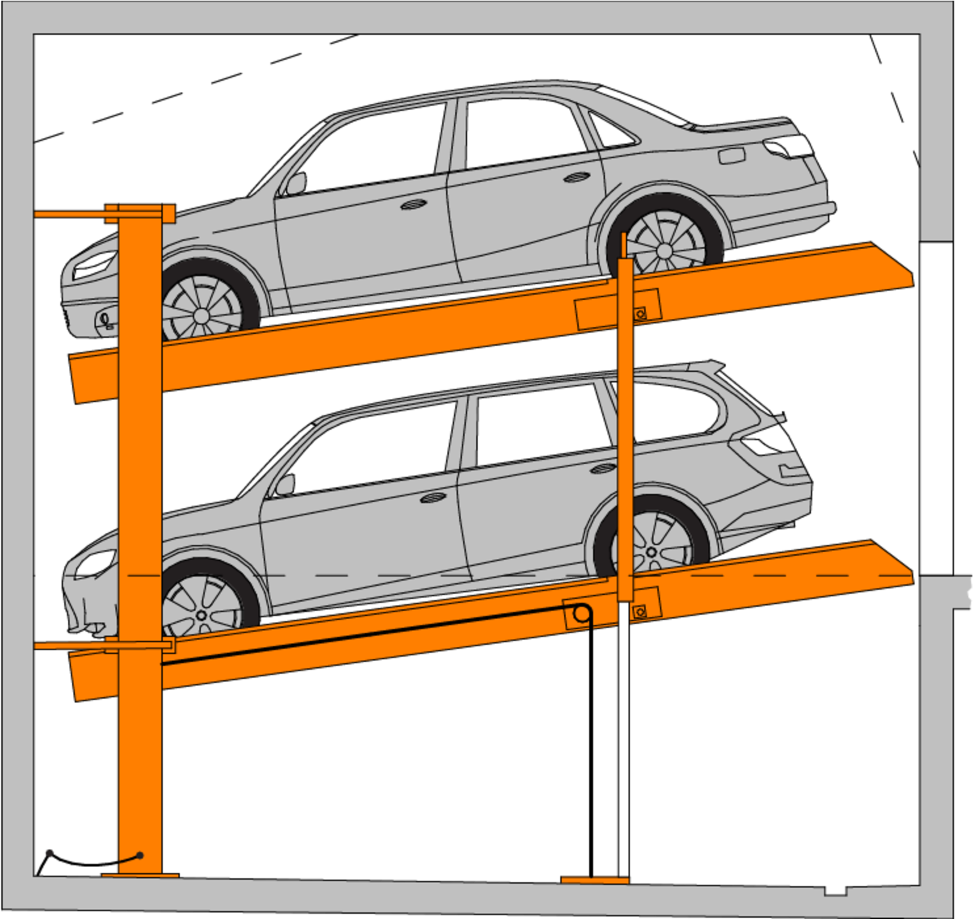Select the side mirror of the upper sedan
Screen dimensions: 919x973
point(296,184)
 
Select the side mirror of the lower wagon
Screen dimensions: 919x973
point(285,485)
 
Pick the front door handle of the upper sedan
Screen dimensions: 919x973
point(411,205)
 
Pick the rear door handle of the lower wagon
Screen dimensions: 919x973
point(602,468)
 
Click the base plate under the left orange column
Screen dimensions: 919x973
point(140,875)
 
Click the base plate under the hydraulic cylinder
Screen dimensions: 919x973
point(594,880)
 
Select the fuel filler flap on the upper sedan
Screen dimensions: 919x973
point(731,156)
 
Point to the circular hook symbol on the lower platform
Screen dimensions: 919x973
point(581,615)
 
